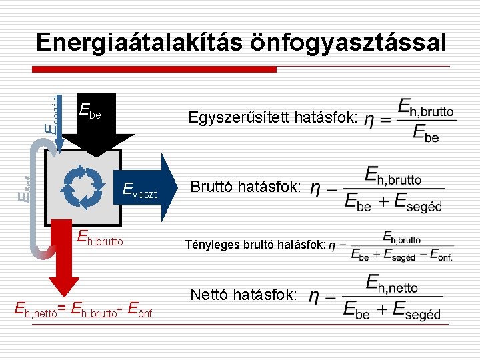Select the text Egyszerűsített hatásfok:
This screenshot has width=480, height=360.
[x=274, y=118]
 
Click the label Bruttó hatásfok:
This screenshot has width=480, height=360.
[x=246, y=187]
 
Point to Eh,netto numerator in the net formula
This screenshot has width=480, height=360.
[x=393, y=284]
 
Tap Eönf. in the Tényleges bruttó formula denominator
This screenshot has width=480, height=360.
[x=441, y=255]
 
